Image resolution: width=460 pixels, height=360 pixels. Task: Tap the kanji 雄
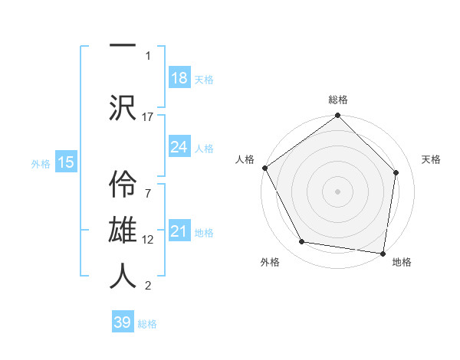[123, 228]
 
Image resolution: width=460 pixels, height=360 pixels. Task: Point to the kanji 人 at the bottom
[123, 275]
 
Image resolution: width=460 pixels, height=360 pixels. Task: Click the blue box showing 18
[179, 77]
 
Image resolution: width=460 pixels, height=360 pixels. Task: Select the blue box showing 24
[179, 147]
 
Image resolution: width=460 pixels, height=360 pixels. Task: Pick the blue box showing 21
[179, 231]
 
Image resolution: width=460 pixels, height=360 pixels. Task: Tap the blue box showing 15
[66, 162]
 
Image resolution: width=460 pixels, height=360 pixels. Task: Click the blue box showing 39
[123, 322]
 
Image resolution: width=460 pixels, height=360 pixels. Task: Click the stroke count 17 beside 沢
[148, 116]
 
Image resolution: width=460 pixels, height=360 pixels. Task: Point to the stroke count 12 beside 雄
[148, 239]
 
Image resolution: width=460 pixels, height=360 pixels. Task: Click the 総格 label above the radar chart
[338, 100]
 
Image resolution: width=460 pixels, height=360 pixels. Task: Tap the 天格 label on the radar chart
[432, 159]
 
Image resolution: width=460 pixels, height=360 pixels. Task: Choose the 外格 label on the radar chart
[270, 262]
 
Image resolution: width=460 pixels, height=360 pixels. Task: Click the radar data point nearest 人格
[264, 168]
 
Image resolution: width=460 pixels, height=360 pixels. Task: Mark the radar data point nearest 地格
[383, 252]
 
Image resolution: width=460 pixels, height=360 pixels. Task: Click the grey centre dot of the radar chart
[337, 191]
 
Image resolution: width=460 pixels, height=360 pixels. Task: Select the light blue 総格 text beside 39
[147, 324]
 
